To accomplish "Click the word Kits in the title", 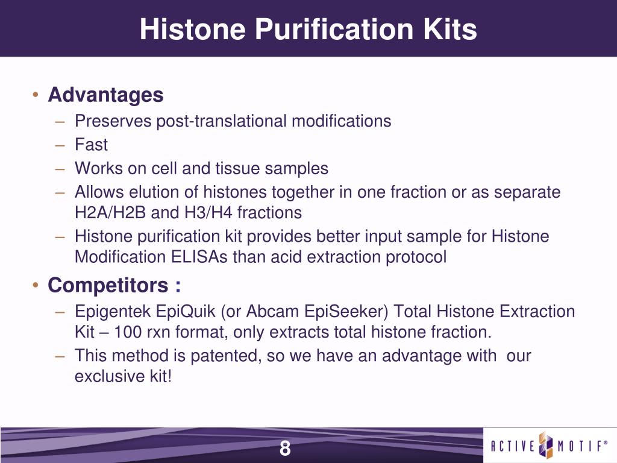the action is coord(450,29).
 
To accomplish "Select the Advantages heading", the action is coord(105,95).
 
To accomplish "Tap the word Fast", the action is coord(91,145).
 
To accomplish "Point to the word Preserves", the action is coord(113,121).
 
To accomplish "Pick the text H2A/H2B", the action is coord(110,213).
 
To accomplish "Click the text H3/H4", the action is coord(208,213).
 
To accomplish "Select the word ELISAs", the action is coord(199,257).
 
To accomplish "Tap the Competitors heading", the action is coord(108,285).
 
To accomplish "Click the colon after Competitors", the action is coord(178,286).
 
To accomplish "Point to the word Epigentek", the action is coord(113,312).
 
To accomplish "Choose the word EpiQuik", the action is coord(186,312).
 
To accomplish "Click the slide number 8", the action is coord(285,448).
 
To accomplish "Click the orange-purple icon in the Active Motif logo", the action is coord(546,446).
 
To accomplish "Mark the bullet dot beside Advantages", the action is coord(36,95).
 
